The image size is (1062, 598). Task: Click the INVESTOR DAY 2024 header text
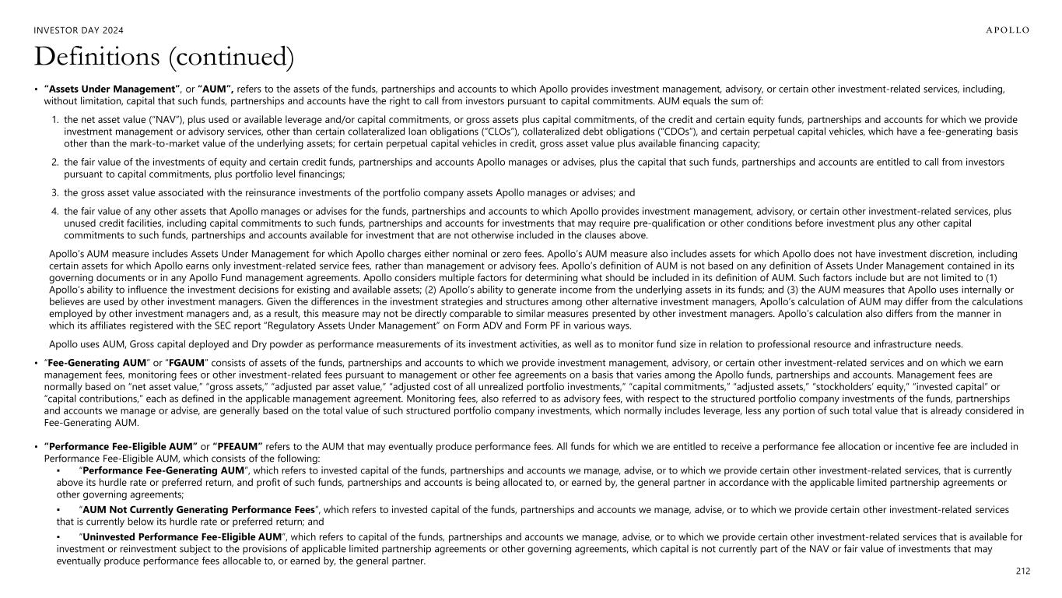[x=79, y=30]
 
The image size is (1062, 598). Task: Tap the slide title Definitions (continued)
[x=163, y=57]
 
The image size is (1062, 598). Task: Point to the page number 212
[x=1023, y=572]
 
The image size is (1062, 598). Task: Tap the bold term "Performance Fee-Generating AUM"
[x=163, y=470]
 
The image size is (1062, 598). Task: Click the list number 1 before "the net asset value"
[x=54, y=120]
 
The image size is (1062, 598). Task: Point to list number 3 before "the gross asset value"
[x=54, y=192]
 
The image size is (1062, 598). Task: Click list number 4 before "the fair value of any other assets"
[x=54, y=211]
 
